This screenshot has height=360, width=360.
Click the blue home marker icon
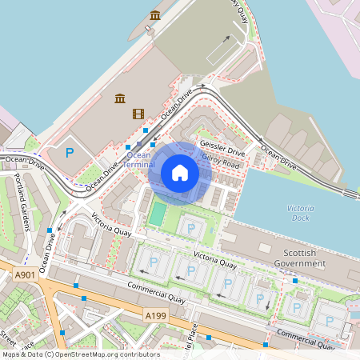click(180, 173)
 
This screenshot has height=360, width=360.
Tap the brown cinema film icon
click(138, 114)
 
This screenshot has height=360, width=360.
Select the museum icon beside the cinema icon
click(119, 98)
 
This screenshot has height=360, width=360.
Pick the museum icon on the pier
click(155, 16)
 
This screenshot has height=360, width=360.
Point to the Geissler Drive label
click(222, 149)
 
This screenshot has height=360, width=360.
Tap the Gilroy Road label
click(220, 162)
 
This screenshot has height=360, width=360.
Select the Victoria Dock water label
click(300, 213)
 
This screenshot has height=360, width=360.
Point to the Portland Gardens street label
click(22, 214)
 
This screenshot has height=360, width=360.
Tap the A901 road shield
click(25, 274)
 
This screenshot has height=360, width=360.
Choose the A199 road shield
click(156, 317)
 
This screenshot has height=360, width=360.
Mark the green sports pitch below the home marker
click(158, 214)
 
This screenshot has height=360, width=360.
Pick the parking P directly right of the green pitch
click(190, 228)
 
